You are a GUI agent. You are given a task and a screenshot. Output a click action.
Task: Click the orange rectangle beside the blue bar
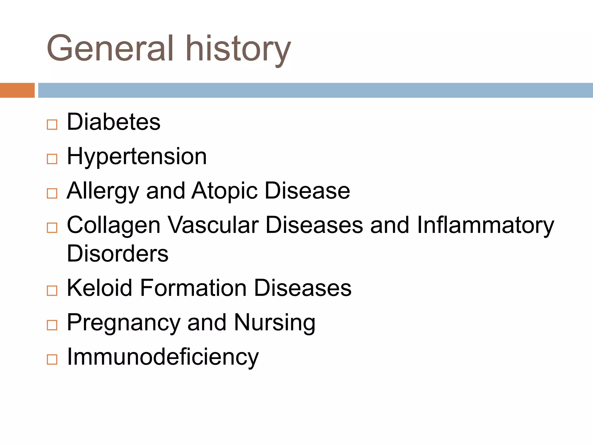[17, 90]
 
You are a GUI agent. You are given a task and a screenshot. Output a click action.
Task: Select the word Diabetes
[114, 122]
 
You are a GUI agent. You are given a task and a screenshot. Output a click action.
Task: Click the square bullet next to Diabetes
[52, 125]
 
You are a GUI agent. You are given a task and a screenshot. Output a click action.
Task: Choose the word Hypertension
[137, 156]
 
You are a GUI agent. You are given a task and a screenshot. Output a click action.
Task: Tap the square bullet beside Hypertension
[52, 159]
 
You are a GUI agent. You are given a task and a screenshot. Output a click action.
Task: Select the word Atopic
[224, 191]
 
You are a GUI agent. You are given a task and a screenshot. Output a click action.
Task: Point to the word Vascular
[213, 225]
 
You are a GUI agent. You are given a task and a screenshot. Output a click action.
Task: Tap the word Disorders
[118, 254]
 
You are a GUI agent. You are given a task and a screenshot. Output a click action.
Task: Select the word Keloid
[100, 288]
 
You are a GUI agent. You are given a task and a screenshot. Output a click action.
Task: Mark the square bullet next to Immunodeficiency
[52, 360]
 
